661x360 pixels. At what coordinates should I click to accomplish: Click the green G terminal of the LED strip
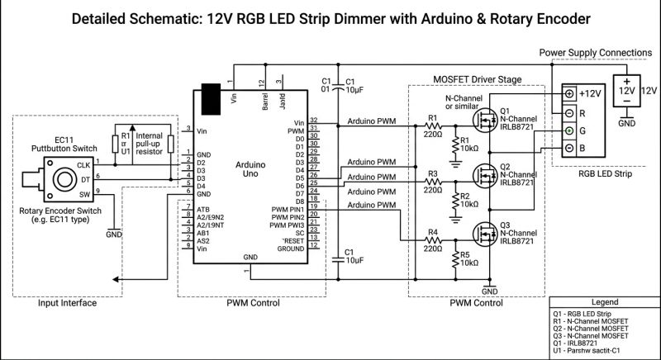[569, 131]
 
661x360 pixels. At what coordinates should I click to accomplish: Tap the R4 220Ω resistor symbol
[432, 241]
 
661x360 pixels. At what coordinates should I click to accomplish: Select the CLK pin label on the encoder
[83, 165]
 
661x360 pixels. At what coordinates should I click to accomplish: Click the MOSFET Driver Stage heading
[477, 79]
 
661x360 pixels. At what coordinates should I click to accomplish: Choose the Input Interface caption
[68, 303]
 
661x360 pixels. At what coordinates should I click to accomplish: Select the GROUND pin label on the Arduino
[291, 249]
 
